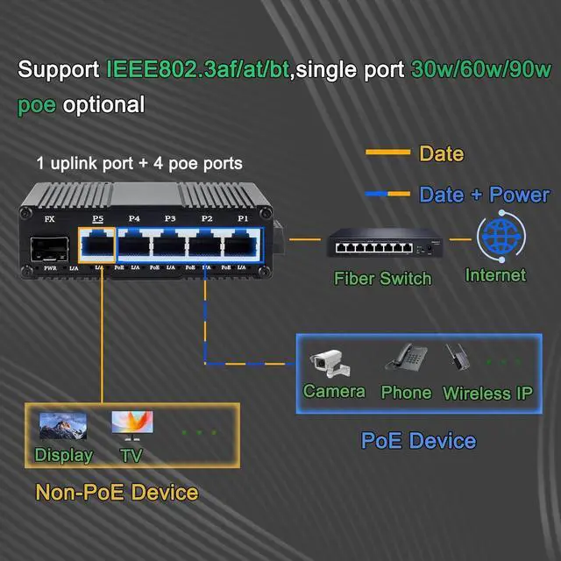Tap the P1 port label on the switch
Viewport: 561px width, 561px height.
click(x=243, y=218)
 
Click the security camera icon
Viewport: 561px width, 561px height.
click(x=329, y=361)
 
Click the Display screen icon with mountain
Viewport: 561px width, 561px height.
click(x=63, y=428)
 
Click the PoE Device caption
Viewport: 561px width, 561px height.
click(x=418, y=440)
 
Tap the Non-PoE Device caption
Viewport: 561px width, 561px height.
click(x=117, y=492)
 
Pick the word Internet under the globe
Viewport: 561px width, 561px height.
click(x=495, y=275)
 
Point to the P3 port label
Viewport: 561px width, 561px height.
click(x=170, y=218)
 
